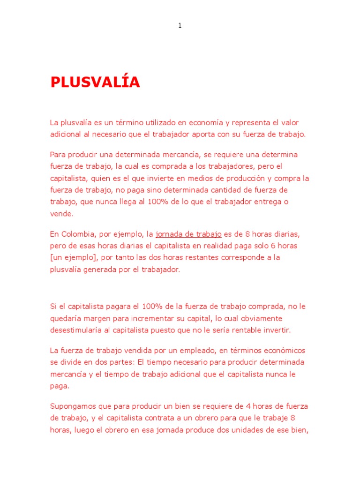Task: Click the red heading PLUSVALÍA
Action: click(95, 82)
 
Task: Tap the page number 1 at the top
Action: click(180, 26)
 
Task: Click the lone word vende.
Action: click(61, 213)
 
